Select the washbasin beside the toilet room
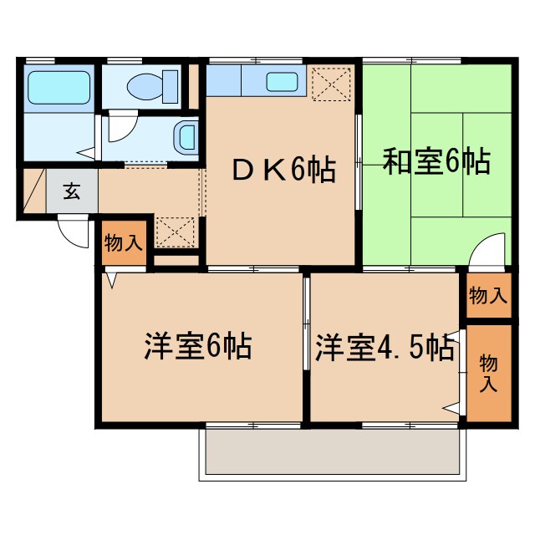[186, 135]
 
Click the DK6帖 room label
[283, 171]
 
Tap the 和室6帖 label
[436, 161]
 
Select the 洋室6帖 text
[198, 345]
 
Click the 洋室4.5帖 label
[385, 345]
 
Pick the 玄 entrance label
[71, 191]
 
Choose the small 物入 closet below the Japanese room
[487, 295]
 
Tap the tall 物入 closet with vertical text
[488, 373]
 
